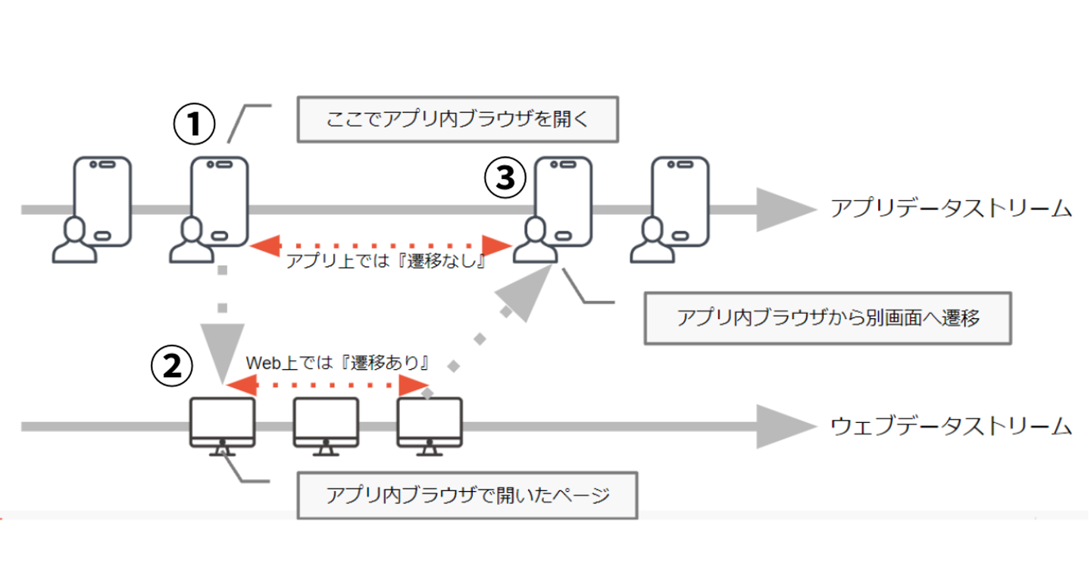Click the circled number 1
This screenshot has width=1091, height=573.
(195, 124)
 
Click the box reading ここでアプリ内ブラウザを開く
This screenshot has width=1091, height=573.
(458, 120)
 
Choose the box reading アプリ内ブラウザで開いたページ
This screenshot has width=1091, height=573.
(467, 496)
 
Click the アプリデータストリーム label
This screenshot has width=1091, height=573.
(951, 208)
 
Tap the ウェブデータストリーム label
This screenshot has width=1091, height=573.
(951, 426)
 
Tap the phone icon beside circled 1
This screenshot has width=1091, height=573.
(219, 201)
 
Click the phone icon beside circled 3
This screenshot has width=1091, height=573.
(563, 201)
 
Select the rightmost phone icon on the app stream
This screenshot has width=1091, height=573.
(680, 201)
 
